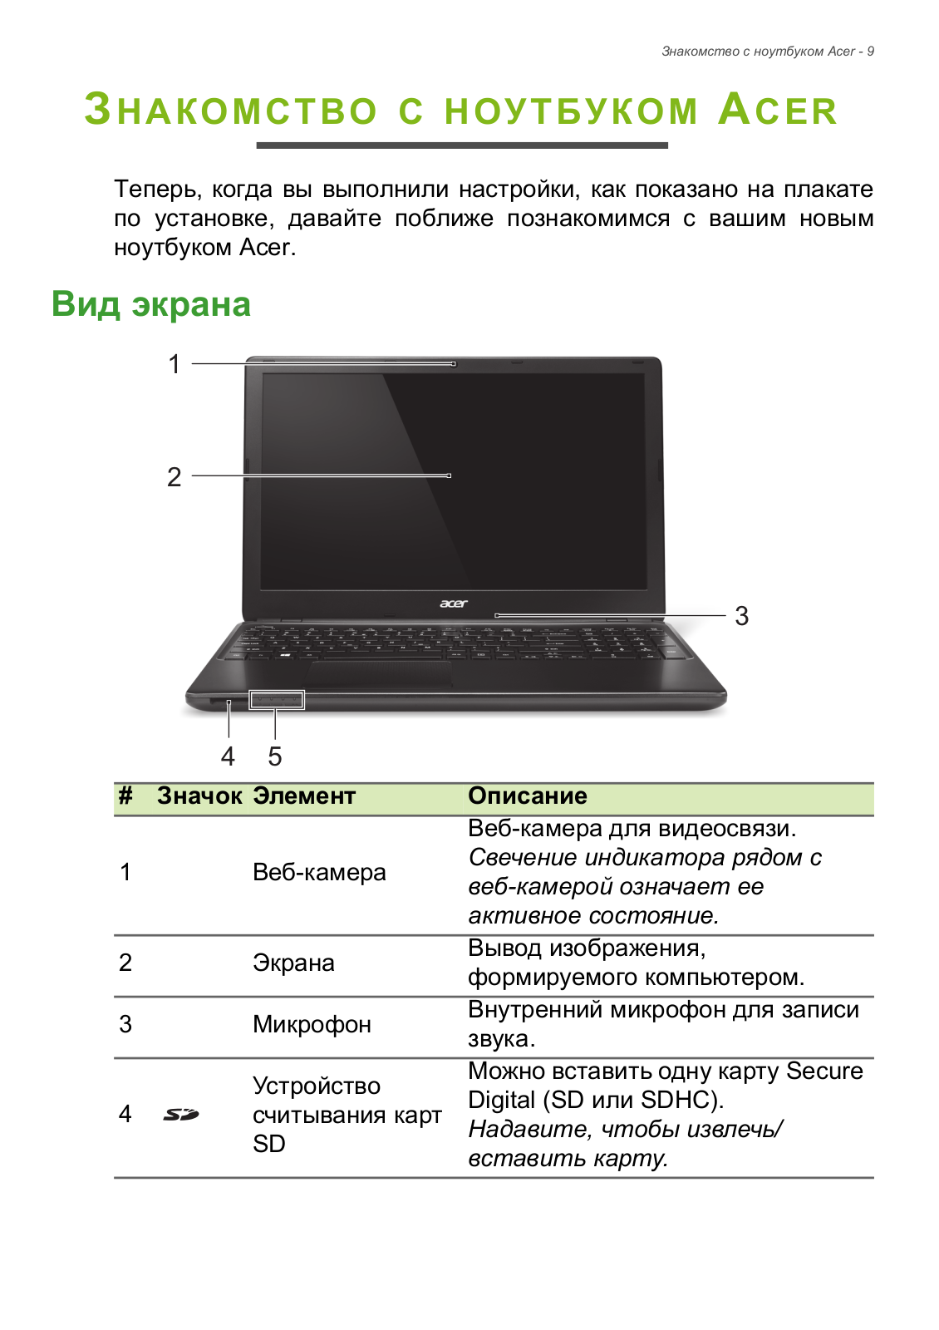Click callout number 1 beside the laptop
(175, 364)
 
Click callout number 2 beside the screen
(174, 477)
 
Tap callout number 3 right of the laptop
(742, 617)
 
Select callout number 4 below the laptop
(228, 756)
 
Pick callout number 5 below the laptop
(275, 756)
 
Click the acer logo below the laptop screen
(454, 603)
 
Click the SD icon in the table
(181, 1114)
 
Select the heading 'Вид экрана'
(151, 304)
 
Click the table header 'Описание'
(528, 796)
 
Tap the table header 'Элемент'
(304, 796)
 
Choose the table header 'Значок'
(199, 796)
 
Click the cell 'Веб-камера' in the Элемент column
(319, 873)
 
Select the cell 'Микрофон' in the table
(312, 1024)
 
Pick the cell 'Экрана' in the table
(293, 963)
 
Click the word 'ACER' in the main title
(778, 111)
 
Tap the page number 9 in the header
(870, 52)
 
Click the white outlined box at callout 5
(277, 700)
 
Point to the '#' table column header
(125, 796)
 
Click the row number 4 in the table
(125, 1114)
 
